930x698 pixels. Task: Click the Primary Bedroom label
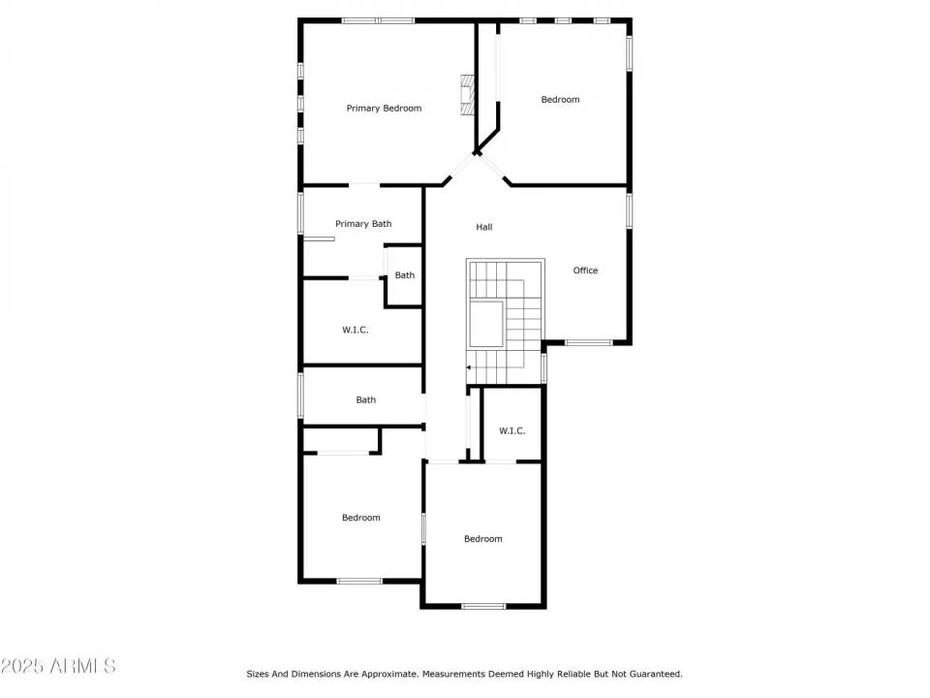384,109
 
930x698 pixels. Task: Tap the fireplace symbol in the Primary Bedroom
468,95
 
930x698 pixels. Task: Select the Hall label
484,227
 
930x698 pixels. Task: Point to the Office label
585,270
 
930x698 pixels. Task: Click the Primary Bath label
363,224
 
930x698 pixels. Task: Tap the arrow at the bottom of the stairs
470,367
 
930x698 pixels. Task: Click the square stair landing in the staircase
486,324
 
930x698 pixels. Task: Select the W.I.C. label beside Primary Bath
355,330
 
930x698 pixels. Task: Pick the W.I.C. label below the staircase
511,430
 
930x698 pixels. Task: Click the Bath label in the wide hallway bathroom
365,399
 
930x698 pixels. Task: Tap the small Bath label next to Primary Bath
404,275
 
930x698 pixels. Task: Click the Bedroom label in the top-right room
560,100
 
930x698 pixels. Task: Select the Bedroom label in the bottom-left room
360,518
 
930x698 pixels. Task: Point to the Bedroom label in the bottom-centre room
482,539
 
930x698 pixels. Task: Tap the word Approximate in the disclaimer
385,674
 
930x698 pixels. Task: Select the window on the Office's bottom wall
588,342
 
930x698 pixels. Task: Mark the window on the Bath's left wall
300,396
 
